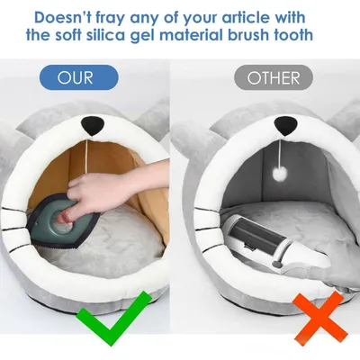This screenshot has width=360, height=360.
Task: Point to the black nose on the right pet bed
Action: (268, 124)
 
